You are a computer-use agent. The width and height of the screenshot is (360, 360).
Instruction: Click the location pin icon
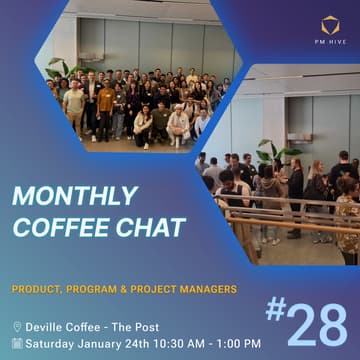coord(17,327)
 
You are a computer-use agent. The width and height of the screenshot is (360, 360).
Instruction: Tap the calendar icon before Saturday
coord(17,343)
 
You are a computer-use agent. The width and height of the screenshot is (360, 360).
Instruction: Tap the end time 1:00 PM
coord(240,343)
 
